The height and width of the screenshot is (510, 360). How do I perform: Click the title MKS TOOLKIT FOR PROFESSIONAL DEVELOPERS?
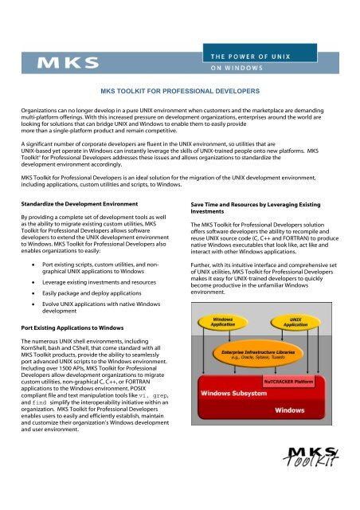click(179, 93)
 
